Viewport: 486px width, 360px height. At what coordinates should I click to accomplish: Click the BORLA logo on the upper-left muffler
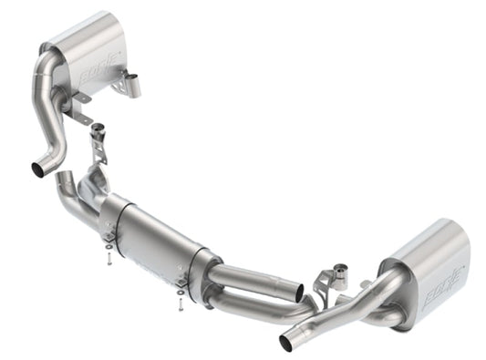tap(98, 68)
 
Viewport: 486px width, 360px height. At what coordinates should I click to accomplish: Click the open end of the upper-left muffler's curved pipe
tap(39, 169)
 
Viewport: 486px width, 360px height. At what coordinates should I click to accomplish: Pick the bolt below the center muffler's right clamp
tap(181, 296)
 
